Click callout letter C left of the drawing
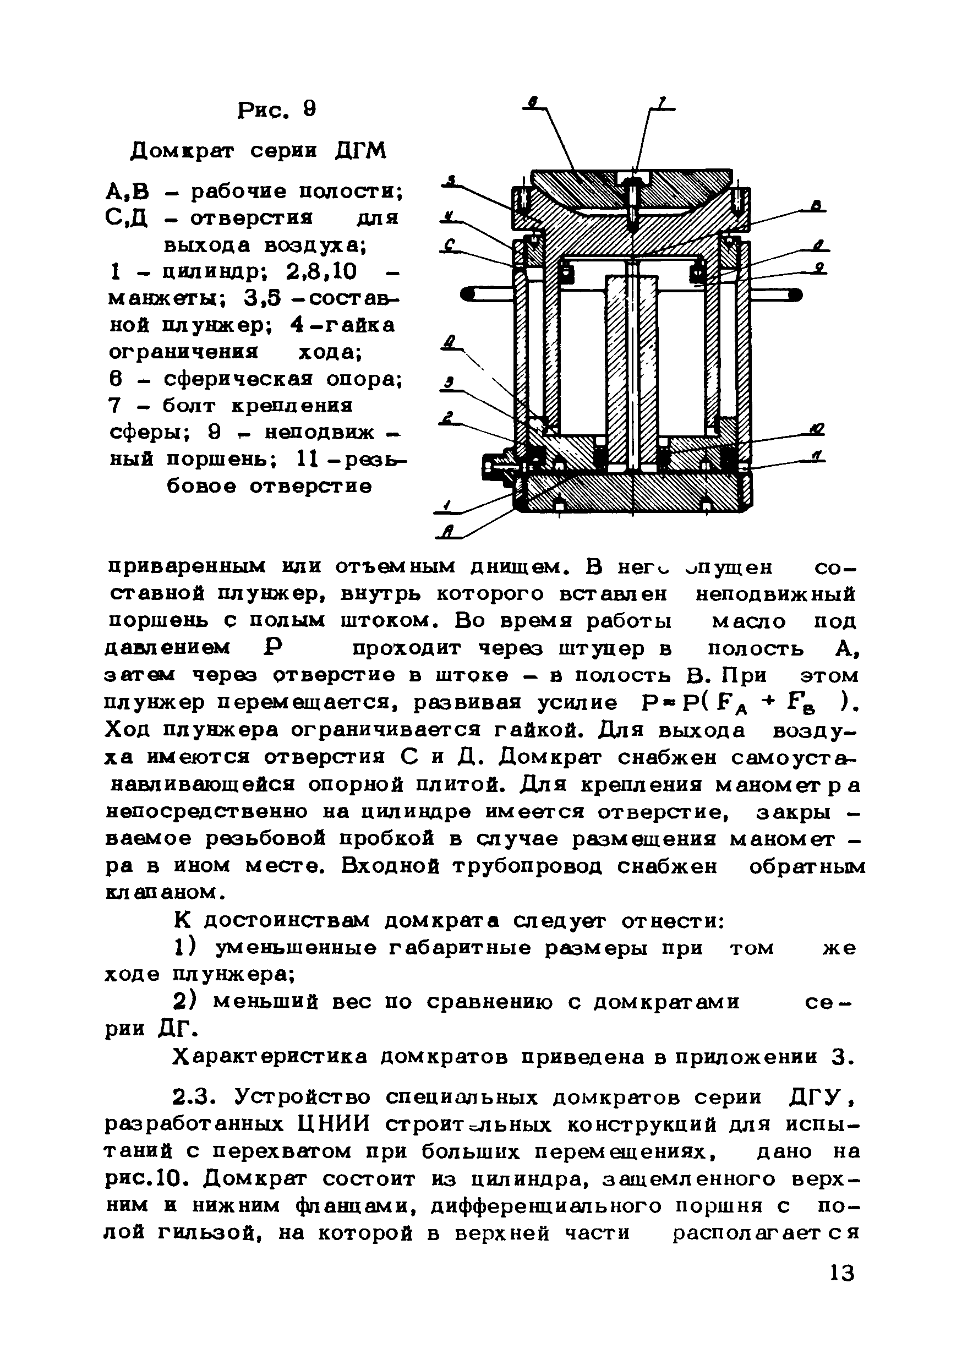pos(450,244)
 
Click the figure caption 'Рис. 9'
pos(277,110)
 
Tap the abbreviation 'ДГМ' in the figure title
pos(360,151)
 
